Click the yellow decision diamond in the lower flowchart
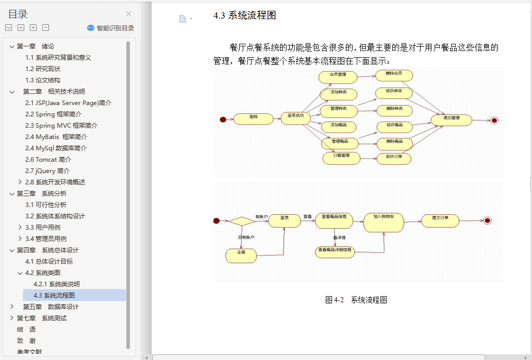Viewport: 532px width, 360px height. [241, 220]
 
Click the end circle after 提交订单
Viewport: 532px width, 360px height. [487, 220]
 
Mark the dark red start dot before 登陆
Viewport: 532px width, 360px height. [223, 119]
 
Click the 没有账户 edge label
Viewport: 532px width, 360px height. [246, 237]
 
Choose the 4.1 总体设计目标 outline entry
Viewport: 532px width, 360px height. [49, 262]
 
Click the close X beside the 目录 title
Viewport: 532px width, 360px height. [128, 14]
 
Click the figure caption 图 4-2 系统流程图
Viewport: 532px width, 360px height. [356, 300]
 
